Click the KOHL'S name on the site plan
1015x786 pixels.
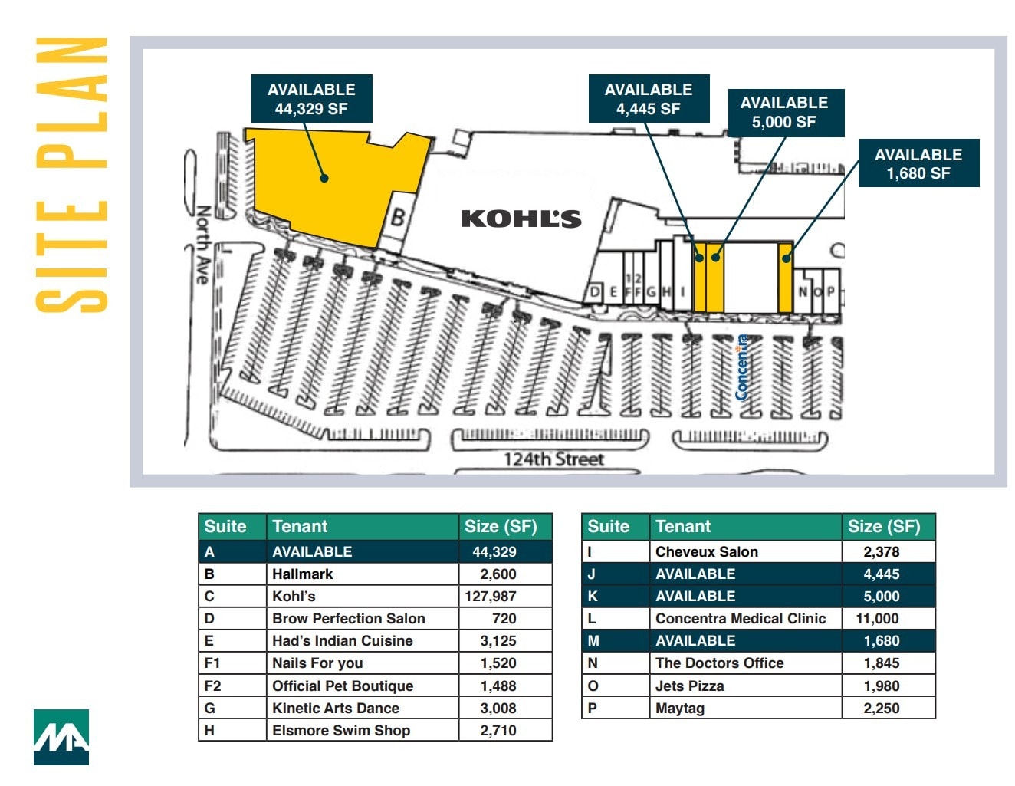[521, 219]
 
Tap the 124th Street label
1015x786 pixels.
[553, 459]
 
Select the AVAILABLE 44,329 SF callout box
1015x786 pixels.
[311, 99]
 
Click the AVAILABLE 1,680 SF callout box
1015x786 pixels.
[918, 163]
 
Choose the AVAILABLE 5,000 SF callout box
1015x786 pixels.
[783, 112]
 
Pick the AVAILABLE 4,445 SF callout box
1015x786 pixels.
[648, 99]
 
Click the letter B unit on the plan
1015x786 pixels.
[398, 218]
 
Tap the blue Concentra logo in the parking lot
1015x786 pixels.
[741, 367]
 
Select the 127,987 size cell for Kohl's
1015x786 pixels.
[491, 596]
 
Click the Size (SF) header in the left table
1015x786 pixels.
[501, 526]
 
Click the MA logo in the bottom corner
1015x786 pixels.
[61, 737]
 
